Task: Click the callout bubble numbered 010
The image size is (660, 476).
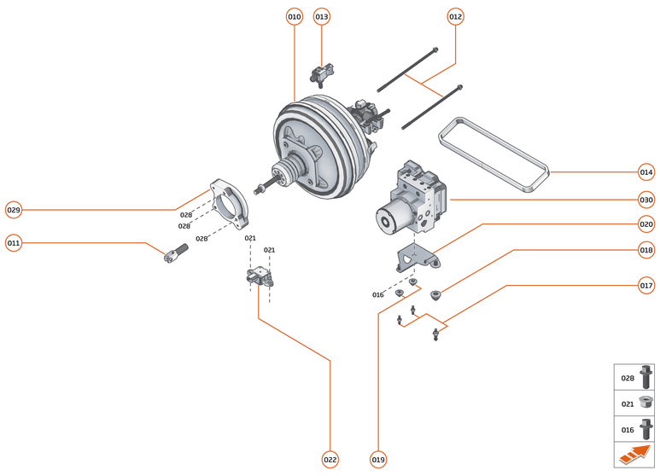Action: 295,16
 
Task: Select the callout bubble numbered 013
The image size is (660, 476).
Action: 322,16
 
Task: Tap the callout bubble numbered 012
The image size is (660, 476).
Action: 455,16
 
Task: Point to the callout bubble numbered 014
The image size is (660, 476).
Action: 646,172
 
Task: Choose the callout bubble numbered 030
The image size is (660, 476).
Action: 646,200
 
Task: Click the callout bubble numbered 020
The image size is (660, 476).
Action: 646,224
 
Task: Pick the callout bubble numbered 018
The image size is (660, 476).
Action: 646,250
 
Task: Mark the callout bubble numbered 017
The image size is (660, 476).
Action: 646,285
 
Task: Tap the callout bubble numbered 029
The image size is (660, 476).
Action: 14,209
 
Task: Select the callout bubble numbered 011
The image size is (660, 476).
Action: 14,243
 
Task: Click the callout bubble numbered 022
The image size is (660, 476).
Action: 330,459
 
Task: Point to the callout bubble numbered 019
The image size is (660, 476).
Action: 378,459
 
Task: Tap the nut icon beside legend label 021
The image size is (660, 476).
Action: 645,403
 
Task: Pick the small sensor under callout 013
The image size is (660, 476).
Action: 321,74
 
